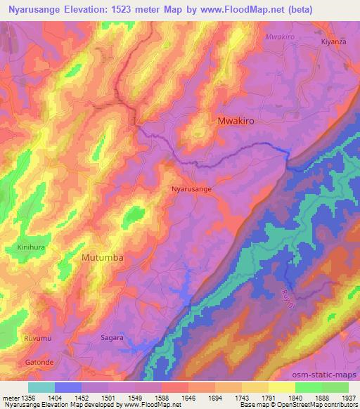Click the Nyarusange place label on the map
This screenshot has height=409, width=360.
191,189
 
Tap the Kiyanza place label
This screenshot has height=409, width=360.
331,42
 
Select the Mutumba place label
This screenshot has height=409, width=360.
103,258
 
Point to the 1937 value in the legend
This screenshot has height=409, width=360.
341,397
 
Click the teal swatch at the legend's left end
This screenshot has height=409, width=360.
41,387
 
